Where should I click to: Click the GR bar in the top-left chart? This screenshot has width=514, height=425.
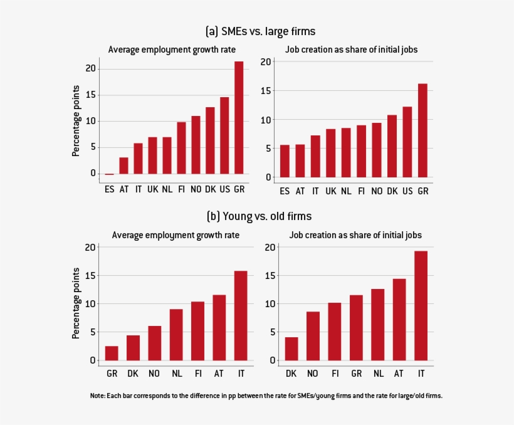(x=239, y=118)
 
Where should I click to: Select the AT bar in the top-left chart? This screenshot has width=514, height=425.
(x=123, y=165)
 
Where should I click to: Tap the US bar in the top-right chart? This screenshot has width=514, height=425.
(x=407, y=142)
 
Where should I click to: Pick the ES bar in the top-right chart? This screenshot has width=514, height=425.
(x=285, y=161)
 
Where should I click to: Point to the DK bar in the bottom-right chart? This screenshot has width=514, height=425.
(x=291, y=349)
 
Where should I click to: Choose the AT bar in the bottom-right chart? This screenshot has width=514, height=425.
(x=399, y=320)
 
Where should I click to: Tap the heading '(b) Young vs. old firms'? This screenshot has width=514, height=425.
(x=259, y=216)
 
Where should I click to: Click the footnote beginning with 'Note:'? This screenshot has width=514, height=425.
(x=266, y=396)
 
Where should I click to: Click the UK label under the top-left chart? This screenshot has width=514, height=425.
(x=152, y=189)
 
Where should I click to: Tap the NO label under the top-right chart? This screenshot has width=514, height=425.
(x=377, y=191)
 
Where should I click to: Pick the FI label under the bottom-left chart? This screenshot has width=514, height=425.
(x=197, y=374)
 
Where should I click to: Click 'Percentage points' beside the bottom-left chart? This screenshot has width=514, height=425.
(x=76, y=303)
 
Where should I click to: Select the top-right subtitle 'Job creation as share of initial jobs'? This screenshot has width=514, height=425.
(x=351, y=49)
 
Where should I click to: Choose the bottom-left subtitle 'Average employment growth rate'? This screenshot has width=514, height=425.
(x=176, y=235)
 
